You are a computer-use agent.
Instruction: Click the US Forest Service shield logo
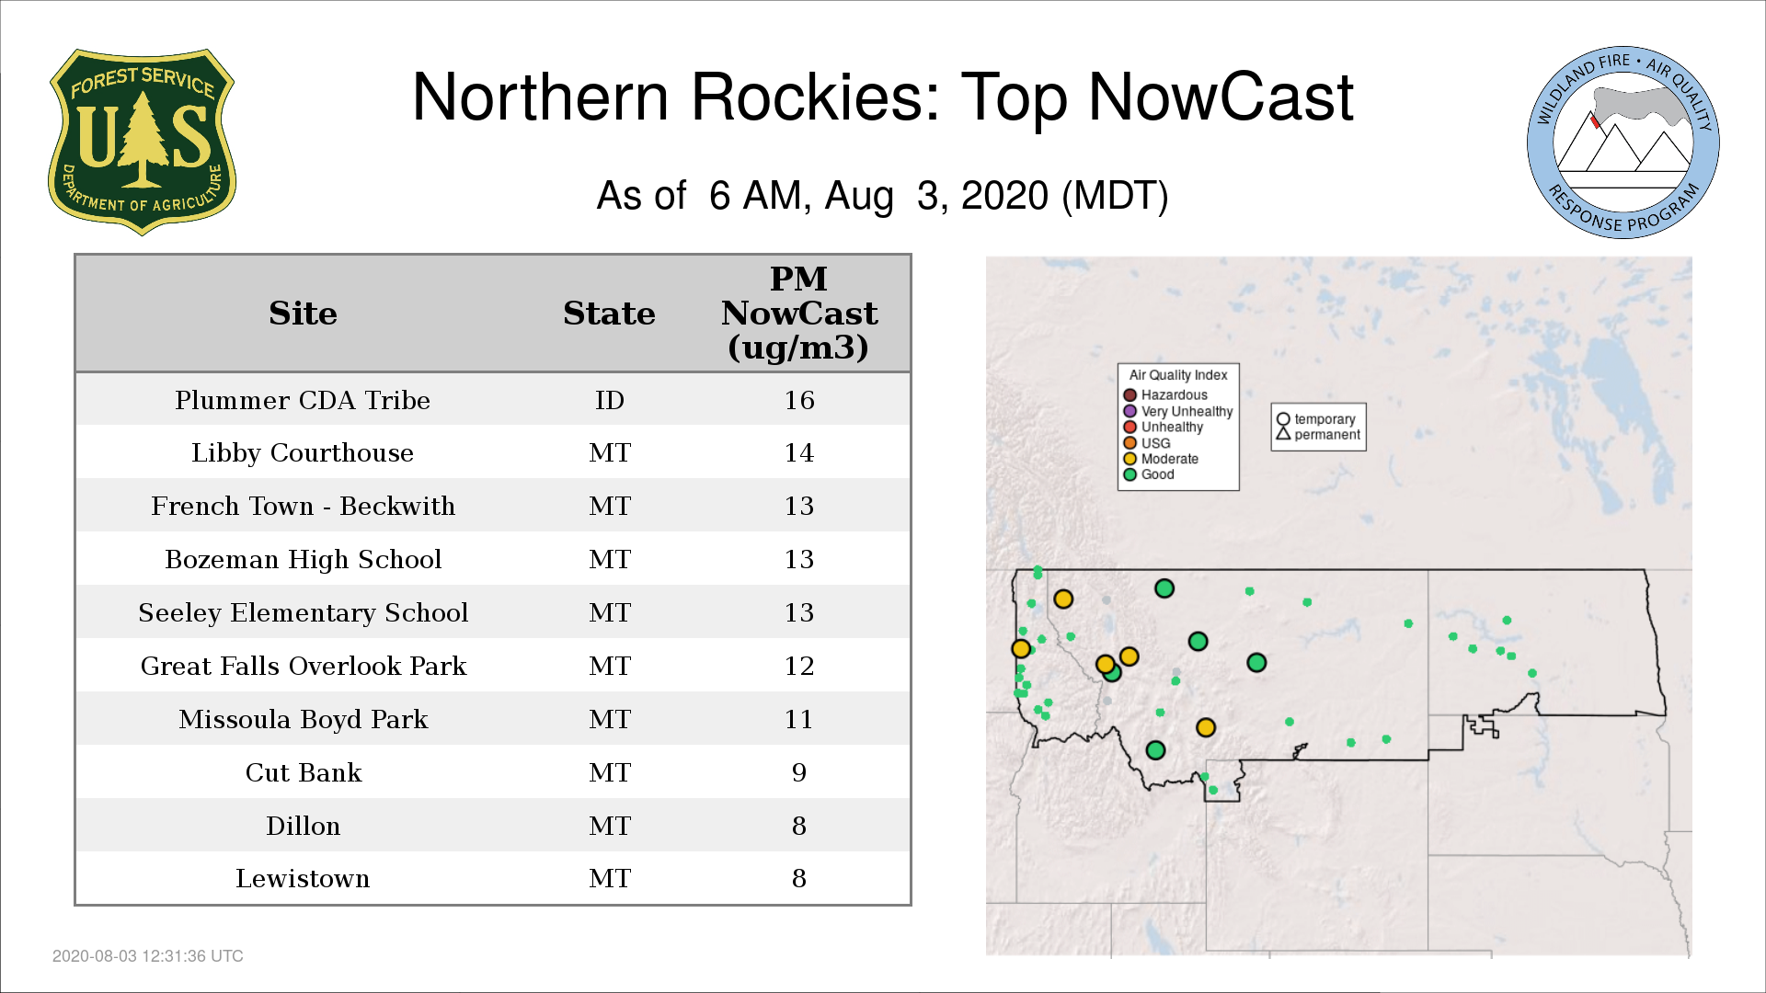tap(142, 143)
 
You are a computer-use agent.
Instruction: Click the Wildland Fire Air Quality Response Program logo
tap(1623, 143)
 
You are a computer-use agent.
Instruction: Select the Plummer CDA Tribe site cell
tap(303, 401)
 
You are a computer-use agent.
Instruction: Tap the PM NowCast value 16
tap(799, 401)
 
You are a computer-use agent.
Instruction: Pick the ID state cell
tap(610, 401)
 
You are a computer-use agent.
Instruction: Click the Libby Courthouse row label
tap(303, 453)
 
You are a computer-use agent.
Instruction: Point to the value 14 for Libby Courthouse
tap(799, 453)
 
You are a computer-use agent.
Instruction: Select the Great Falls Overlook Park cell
tap(304, 666)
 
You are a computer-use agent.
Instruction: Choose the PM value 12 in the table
tap(799, 666)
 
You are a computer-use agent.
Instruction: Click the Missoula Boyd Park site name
tap(304, 719)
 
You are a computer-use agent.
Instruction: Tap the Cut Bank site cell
tap(304, 772)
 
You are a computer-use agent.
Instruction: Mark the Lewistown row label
tap(303, 879)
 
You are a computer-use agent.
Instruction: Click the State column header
tap(609, 314)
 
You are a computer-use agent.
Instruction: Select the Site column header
tap(303, 314)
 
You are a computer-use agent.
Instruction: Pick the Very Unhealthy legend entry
tap(1178, 411)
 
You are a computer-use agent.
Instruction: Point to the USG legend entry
tap(1147, 443)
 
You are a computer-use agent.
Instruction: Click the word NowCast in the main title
tap(1221, 97)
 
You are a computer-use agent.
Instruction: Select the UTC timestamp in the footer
tap(148, 956)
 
